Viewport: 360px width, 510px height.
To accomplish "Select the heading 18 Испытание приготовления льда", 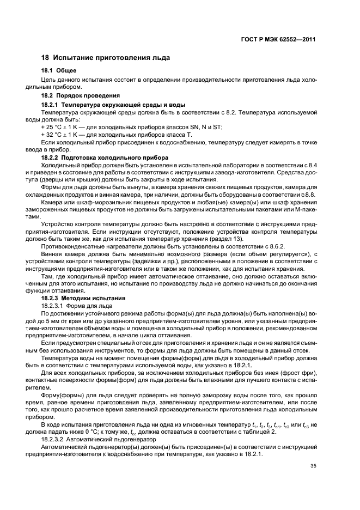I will (106, 57).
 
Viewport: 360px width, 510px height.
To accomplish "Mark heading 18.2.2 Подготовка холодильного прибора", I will (105, 157).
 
